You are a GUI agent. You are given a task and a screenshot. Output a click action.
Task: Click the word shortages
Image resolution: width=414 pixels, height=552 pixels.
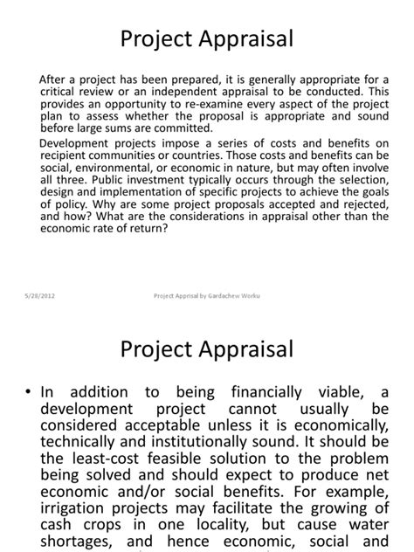pos(80,548)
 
